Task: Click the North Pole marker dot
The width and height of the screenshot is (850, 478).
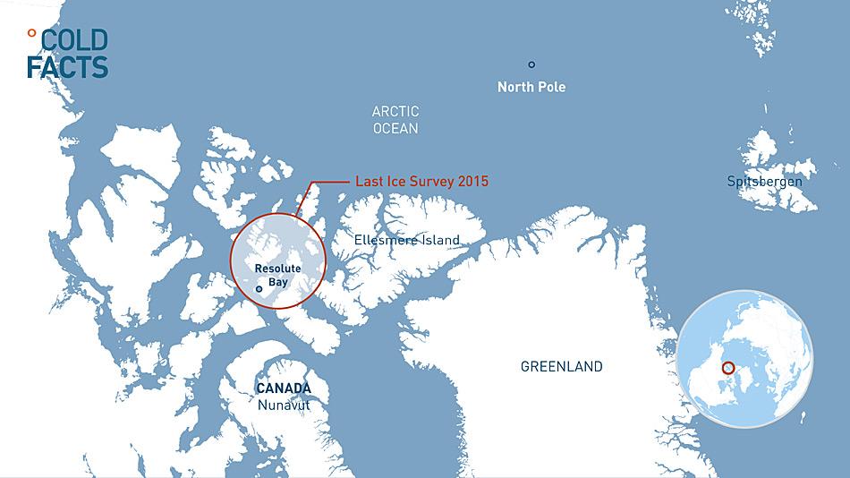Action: [x=531, y=64]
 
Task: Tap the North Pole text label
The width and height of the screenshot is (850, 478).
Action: [x=531, y=87]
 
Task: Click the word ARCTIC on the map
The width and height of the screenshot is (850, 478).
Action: [x=395, y=112]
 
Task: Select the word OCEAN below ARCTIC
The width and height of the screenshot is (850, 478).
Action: [x=395, y=129]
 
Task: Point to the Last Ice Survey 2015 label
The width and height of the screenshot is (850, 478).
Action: [x=421, y=181]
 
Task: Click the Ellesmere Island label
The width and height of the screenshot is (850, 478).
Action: [x=407, y=240]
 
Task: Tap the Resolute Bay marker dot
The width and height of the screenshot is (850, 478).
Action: [x=259, y=289]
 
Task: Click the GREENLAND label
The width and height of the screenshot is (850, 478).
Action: [x=562, y=366]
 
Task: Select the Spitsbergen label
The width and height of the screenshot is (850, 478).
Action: [x=765, y=182]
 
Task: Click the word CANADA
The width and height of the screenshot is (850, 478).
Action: [x=284, y=388]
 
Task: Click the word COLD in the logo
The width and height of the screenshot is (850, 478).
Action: [x=74, y=40]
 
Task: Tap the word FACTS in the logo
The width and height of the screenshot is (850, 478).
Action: [x=67, y=66]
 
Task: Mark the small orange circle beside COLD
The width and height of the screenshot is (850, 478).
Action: [x=32, y=33]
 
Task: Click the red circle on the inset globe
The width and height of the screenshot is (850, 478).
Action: [x=727, y=367]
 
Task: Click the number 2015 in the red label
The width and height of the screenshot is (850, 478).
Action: [x=472, y=181]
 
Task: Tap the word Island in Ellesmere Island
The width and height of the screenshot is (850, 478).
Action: [x=440, y=240]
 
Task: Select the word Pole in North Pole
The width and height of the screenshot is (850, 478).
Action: [x=551, y=87]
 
